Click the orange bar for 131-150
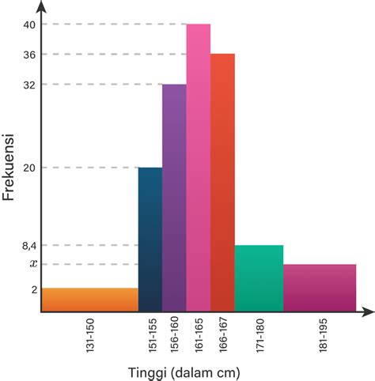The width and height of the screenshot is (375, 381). [x=89, y=300]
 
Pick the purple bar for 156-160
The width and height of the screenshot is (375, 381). [x=174, y=198]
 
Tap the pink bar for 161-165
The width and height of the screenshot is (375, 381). [x=199, y=167]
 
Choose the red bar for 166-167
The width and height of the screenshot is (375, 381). [x=222, y=182]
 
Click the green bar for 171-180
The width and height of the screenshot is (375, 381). [x=259, y=277]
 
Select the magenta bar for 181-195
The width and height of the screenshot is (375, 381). [x=319, y=287]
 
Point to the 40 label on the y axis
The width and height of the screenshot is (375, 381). [x=29, y=25]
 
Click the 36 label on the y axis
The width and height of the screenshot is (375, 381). [x=29, y=55]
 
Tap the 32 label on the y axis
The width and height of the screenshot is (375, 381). [x=29, y=85]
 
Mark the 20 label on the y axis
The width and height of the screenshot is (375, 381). [x=29, y=168]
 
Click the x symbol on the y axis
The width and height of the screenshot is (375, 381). [x=32, y=263]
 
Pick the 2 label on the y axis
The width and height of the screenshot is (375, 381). [x=34, y=289]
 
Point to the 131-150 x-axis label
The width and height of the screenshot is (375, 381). [x=90, y=336]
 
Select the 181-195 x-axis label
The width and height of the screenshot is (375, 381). [x=320, y=336]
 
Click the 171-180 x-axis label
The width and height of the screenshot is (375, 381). [x=259, y=336]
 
